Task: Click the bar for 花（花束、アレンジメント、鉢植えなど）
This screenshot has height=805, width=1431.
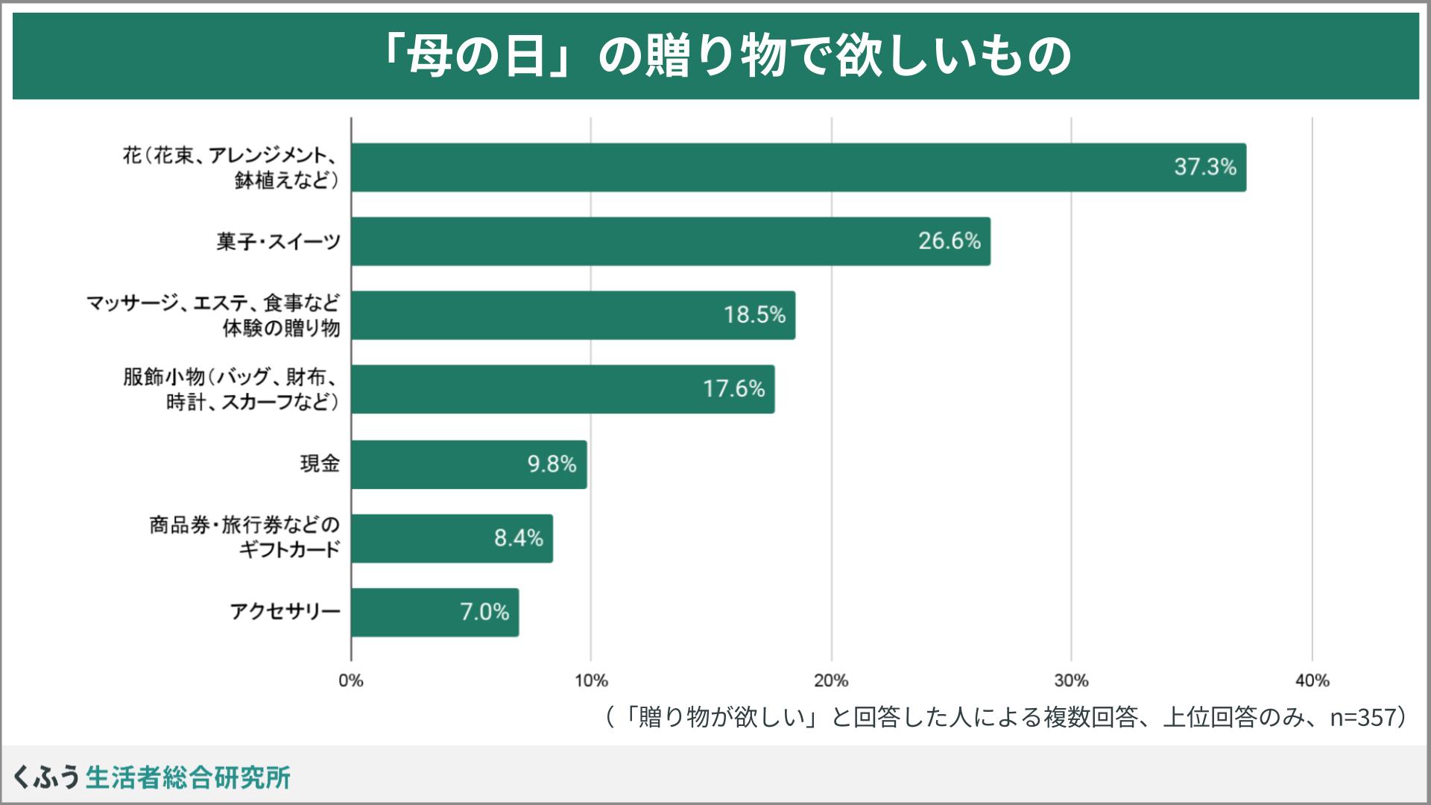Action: pyautogui.click(x=797, y=167)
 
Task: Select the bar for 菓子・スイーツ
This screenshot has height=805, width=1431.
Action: pyautogui.click(x=671, y=241)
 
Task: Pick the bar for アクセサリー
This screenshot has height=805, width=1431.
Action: pyautogui.click(x=435, y=612)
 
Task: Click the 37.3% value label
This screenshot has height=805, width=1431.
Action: pyautogui.click(x=1204, y=167)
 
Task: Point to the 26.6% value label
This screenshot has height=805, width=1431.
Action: pyautogui.click(x=949, y=241)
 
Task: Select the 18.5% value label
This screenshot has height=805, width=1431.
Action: pyautogui.click(x=754, y=315)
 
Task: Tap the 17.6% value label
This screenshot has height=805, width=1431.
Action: pyautogui.click(x=733, y=388)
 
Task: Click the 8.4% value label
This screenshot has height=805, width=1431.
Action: pyautogui.click(x=518, y=538)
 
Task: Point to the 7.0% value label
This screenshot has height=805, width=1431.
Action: pyautogui.click(x=484, y=612)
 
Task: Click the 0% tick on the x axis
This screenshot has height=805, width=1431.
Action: pyautogui.click(x=351, y=681)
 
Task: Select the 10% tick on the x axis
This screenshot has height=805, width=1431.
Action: pyautogui.click(x=591, y=681)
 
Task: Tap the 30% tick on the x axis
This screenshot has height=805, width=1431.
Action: pyautogui.click(x=1072, y=681)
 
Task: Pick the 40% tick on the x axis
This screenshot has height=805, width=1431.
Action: pyautogui.click(x=1312, y=681)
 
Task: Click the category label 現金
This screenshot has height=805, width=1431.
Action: pyautogui.click(x=320, y=464)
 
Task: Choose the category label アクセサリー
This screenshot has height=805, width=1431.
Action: pyautogui.click(x=285, y=612)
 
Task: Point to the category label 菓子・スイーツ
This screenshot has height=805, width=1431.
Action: pyautogui.click(x=278, y=241)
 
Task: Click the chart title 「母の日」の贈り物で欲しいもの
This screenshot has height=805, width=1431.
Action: pyautogui.click(x=715, y=57)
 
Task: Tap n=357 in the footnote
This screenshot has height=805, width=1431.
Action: pyautogui.click(x=1359, y=717)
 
